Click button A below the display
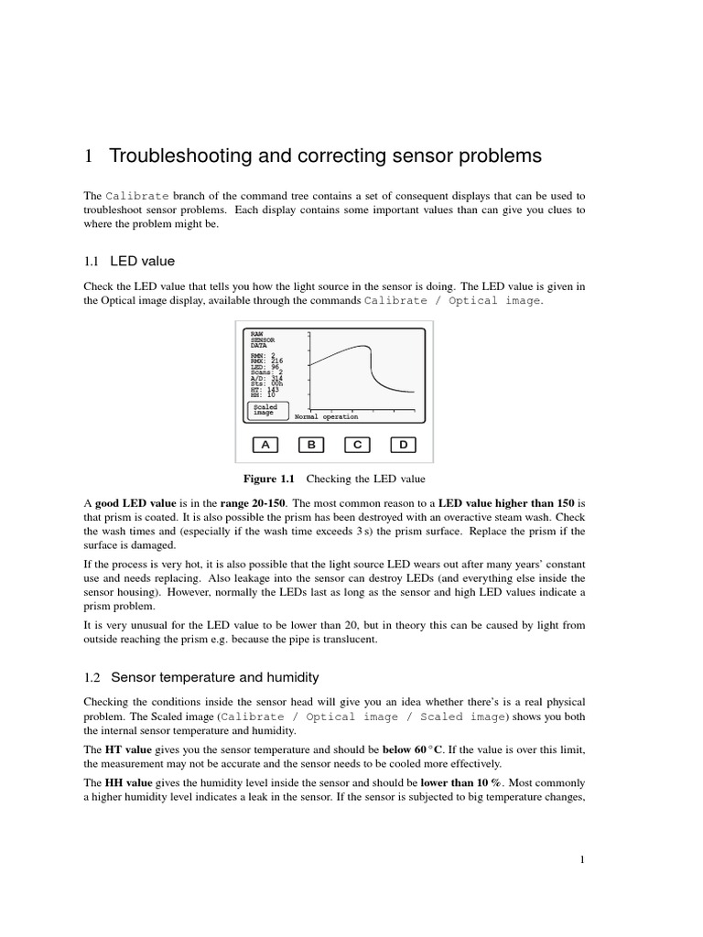[265, 445]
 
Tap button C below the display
[357, 445]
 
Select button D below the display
[403, 445]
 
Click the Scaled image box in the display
[266, 410]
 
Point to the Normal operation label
[326, 416]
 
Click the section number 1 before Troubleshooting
[89, 156]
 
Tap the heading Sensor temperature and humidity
[214, 677]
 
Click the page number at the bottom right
[582, 859]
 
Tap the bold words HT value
[125, 749]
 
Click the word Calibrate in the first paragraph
[137, 196]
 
